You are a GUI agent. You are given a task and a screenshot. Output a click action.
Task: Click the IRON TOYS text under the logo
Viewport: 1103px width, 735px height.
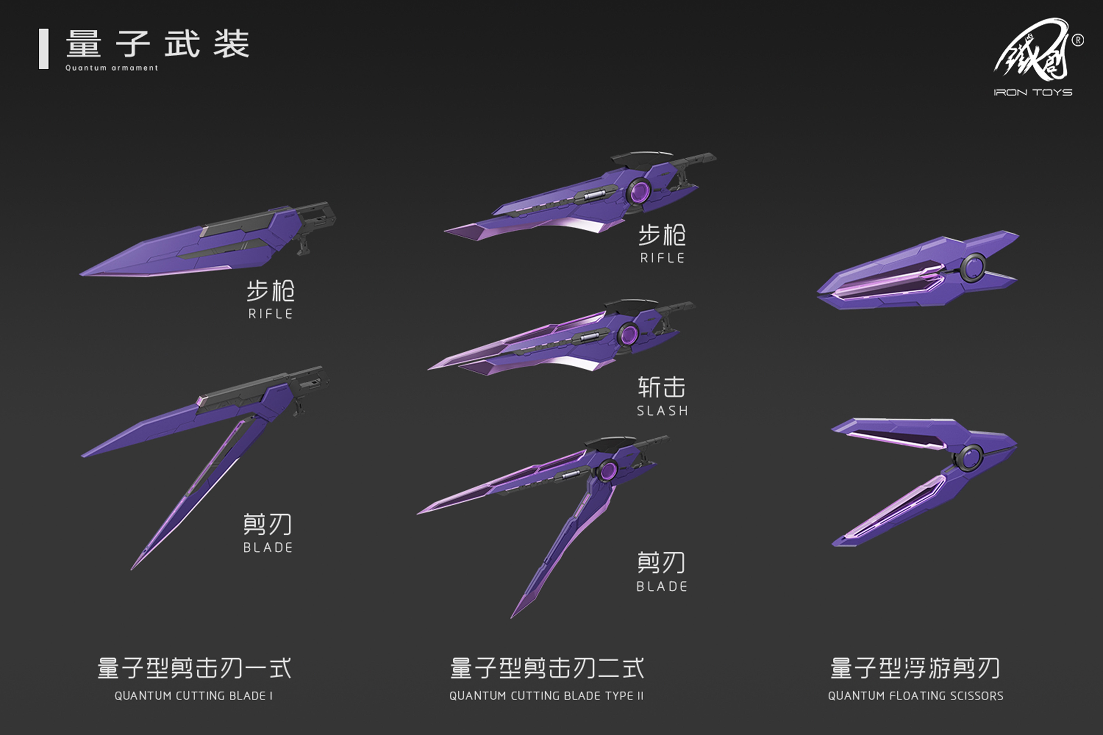click(x=1033, y=92)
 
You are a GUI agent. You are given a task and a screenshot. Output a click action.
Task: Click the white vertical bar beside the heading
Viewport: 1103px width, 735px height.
click(x=44, y=49)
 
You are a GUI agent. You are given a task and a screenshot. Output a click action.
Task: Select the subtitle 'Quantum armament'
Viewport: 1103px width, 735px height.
click(x=112, y=68)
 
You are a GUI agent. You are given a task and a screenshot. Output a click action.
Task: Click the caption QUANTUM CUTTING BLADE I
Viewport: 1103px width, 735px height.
click(x=193, y=696)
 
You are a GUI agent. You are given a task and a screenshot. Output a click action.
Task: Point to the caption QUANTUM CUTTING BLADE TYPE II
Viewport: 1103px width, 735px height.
click(x=546, y=696)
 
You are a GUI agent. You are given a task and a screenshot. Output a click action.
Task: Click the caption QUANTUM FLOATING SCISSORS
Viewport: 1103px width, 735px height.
click(x=915, y=696)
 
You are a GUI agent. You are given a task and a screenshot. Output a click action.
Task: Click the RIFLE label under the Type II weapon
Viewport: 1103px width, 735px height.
click(x=662, y=258)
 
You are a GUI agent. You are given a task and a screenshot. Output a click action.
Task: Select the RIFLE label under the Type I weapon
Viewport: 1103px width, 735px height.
click(x=271, y=314)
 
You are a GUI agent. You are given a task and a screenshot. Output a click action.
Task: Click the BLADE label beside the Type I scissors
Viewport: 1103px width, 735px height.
click(x=268, y=548)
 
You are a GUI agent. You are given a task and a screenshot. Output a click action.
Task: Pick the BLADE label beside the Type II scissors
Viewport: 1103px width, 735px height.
click(x=662, y=586)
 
